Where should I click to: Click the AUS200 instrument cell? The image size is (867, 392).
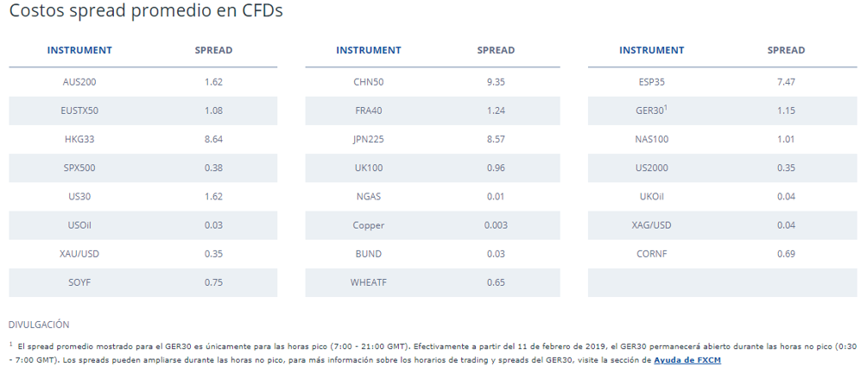tap(79, 82)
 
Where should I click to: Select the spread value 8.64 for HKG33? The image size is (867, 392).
tap(213, 139)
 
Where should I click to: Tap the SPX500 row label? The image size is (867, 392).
tap(79, 168)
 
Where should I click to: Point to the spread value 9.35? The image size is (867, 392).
tap(496, 82)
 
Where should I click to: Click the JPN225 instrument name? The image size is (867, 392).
tap(368, 139)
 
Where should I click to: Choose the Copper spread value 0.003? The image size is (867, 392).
tap(496, 225)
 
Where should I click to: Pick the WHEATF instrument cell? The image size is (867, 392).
tap(368, 282)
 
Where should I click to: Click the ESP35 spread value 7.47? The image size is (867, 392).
tap(786, 82)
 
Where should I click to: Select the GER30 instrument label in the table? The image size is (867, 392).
tap(649, 111)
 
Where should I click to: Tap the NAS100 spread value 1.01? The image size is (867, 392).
tap(786, 139)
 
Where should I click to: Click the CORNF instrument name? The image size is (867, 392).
tap(651, 254)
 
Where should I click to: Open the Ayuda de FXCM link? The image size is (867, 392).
tap(687, 360)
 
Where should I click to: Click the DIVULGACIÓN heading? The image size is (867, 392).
tap(39, 325)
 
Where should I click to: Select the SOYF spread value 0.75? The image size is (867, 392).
tap(213, 282)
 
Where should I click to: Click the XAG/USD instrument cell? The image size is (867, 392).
tap(651, 225)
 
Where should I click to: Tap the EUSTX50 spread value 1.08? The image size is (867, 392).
tap(213, 111)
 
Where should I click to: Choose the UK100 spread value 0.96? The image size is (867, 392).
tap(496, 168)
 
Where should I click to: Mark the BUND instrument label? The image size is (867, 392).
tap(368, 254)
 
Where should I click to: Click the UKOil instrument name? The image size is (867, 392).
tap(651, 196)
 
